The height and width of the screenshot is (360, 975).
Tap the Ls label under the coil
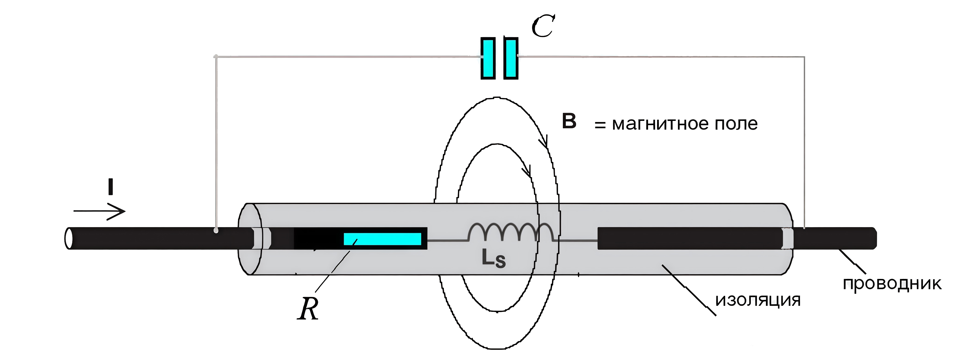pyautogui.click(x=494, y=259)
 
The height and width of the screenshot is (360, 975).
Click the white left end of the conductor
pyautogui.click(x=69, y=238)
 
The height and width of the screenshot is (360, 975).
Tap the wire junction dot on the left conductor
pyautogui.click(x=216, y=230)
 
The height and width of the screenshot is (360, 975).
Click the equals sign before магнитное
pyautogui.click(x=600, y=125)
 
